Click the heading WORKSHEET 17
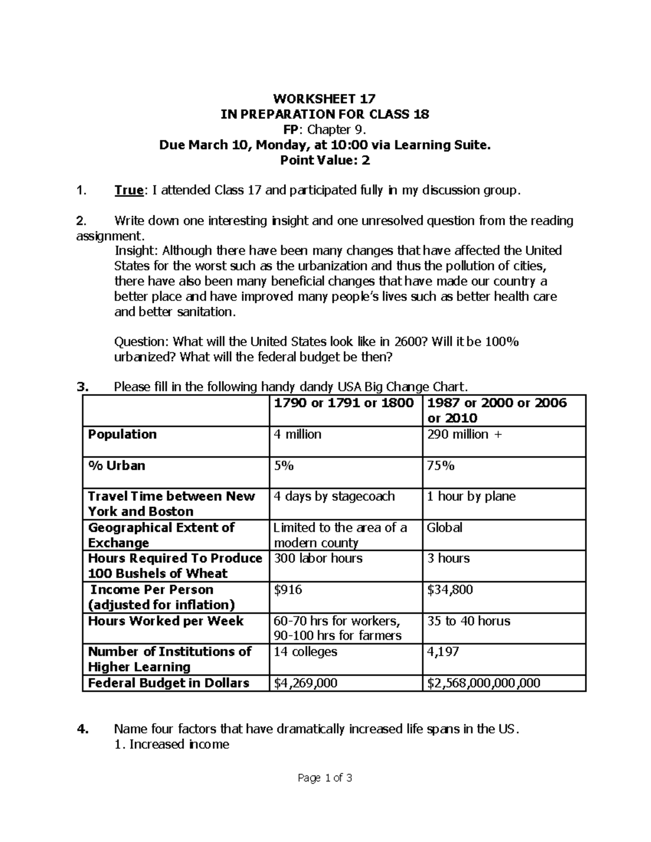click(x=324, y=99)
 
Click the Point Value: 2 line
click(x=324, y=160)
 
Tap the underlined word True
click(x=129, y=190)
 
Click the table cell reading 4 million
click(x=297, y=434)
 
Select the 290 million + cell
click(x=464, y=434)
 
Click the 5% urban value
click(x=283, y=466)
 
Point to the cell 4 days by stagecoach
click(x=334, y=497)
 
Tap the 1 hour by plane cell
click(x=471, y=497)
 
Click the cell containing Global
click(x=445, y=528)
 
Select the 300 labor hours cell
click(x=318, y=558)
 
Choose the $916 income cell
click(x=288, y=590)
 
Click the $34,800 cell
click(x=450, y=590)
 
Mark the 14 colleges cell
click(x=305, y=652)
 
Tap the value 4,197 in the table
click(x=443, y=652)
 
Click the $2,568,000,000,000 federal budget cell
click(x=484, y=683)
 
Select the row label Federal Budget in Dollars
click(x=169, y=683)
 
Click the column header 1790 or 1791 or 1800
click(x=344, y=403)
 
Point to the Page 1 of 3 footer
click(x=325, y=779)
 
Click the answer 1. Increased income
click(x=172, y=744)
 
